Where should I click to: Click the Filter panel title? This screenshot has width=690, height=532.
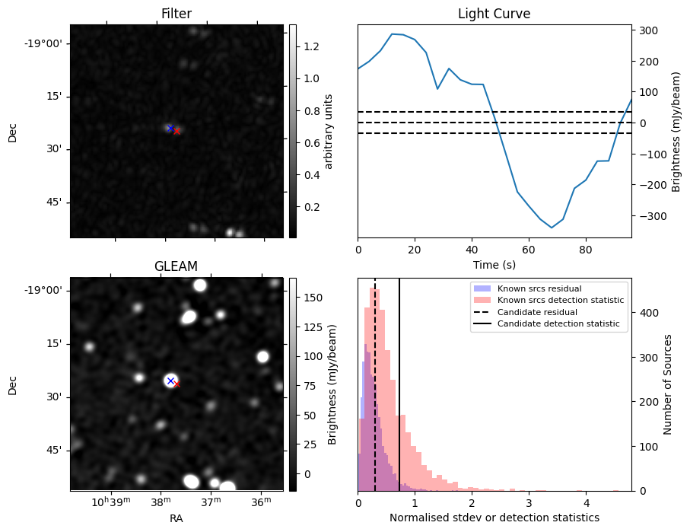(x=176, y=14)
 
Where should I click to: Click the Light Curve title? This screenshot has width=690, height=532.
(x=494, y=14)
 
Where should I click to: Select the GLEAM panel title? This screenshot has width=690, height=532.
(x=176, y=266)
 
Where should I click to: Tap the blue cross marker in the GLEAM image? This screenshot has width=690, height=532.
(x=170, y=381)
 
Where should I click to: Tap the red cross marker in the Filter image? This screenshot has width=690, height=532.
(x=177, y=131)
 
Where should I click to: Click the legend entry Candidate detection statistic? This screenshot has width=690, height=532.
(x=558, y=324)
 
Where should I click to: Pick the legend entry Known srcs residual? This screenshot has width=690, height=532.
(x=539, y=288)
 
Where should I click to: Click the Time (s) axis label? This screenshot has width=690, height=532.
(x=494, y=263)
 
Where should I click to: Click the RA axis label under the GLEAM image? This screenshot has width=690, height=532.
(x=176, y=518)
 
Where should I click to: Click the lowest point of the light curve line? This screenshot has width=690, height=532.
(x=552, y=228)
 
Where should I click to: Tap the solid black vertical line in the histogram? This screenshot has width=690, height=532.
(x=399, y=396)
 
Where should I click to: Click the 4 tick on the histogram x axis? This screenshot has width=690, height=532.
(x=586, y=503)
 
